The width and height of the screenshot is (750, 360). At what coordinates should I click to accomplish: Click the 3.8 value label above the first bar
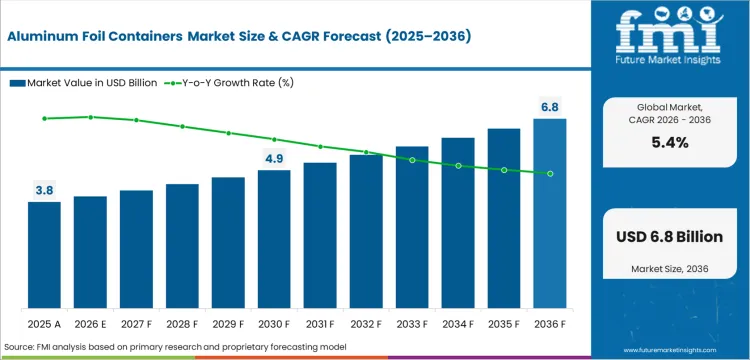(x=44, y=188)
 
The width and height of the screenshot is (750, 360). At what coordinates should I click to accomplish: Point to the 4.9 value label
(x=274, y=157)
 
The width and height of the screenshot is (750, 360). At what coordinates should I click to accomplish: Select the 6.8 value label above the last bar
(x=550, y=105)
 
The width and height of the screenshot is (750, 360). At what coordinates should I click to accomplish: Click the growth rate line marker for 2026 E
(x=90, y=117)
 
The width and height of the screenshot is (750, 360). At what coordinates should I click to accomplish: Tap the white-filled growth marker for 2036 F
(x=550, y=173)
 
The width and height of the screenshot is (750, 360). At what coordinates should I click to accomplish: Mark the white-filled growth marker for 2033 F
(x=412, y=160)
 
